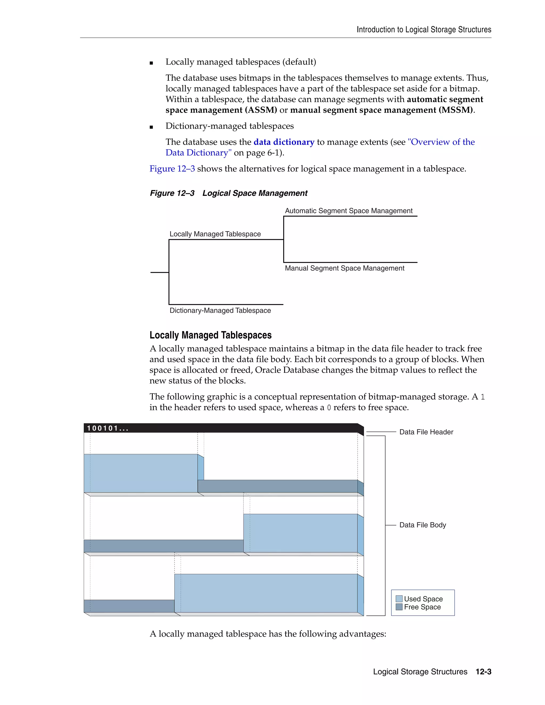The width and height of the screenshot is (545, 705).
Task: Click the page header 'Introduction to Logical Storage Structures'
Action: click(424, 30)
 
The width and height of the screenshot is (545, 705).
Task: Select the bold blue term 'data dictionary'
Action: click(284, 142)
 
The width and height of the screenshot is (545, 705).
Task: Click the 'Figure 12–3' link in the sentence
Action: click(172, 169)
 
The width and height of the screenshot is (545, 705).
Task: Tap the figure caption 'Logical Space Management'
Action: click(255, 193)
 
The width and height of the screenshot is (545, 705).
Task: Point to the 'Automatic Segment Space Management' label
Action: click(348, 211)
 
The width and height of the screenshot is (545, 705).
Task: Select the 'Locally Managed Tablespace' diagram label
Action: click(215, 234)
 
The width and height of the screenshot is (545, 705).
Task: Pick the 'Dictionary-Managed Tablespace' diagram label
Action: click(220, 310)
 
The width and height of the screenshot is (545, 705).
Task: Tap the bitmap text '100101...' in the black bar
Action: click(108, 428)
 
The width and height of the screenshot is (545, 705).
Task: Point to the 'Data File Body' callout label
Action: click(422, 525)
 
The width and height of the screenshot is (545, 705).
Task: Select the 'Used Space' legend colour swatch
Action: click(399, 599)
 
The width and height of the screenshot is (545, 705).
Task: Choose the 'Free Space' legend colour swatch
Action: click(399, 607)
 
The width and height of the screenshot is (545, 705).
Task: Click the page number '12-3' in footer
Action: click(483, 672)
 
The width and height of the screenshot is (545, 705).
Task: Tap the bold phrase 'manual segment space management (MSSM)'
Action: click(382, 110)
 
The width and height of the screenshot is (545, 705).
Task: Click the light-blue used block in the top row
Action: click(141, 473)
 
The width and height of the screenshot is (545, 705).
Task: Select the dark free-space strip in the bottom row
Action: click(129, 606)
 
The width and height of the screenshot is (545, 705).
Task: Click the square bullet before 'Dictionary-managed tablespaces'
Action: click(151, 127)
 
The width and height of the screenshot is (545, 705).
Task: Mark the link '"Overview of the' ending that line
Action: click(441, 142)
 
